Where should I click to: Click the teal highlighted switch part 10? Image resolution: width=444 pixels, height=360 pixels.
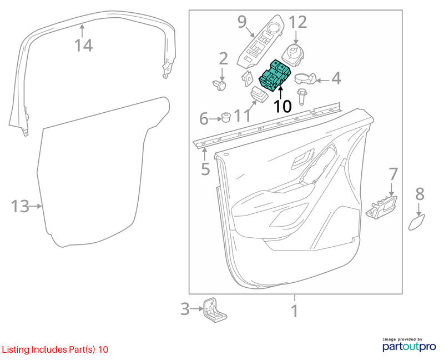[x=275, y=76]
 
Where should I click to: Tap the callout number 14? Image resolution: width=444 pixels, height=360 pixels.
[x=84, y=46]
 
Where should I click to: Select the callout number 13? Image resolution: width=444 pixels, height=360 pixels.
[x=20, y=206]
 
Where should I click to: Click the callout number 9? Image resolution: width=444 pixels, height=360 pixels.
[x=242, y=22]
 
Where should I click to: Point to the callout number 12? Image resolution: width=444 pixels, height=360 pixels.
[x=298, y=22]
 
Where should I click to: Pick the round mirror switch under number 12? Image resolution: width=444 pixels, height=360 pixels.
[x=293, y=55]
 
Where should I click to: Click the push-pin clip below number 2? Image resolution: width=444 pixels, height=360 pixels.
[x=220, y=85]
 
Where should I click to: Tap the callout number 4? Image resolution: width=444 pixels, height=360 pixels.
[x=336, y=78]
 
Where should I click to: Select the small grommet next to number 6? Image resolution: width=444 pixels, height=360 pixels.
[x=226, y=117]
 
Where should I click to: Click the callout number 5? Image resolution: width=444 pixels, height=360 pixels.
[x=205, y=169]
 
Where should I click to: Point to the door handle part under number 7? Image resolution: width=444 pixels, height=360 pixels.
[x=382, y=207]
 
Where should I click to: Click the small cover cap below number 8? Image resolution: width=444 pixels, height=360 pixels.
[x=417, y=222]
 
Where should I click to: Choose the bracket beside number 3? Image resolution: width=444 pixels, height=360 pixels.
[x=214, y=310]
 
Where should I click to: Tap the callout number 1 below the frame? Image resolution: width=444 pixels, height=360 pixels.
[x=295, y=311]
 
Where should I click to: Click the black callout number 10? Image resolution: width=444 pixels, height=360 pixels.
[x=282, y=107]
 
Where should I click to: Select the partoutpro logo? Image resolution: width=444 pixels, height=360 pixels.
[x=409, y=344]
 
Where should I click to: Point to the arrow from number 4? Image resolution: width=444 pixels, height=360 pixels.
[x=322, y=81]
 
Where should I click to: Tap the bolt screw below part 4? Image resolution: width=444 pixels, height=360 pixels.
[x=301, y=96]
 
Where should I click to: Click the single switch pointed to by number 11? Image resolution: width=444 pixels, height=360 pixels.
[x=259, y=94]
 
